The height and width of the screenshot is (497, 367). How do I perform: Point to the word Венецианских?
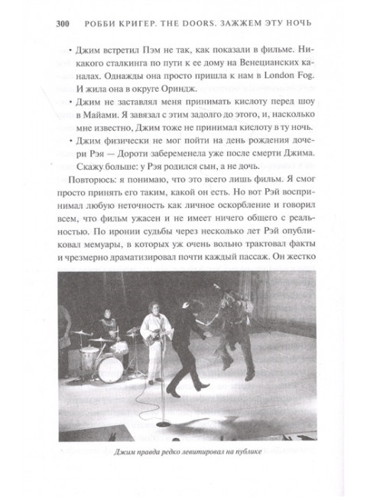tap(254, 70)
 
